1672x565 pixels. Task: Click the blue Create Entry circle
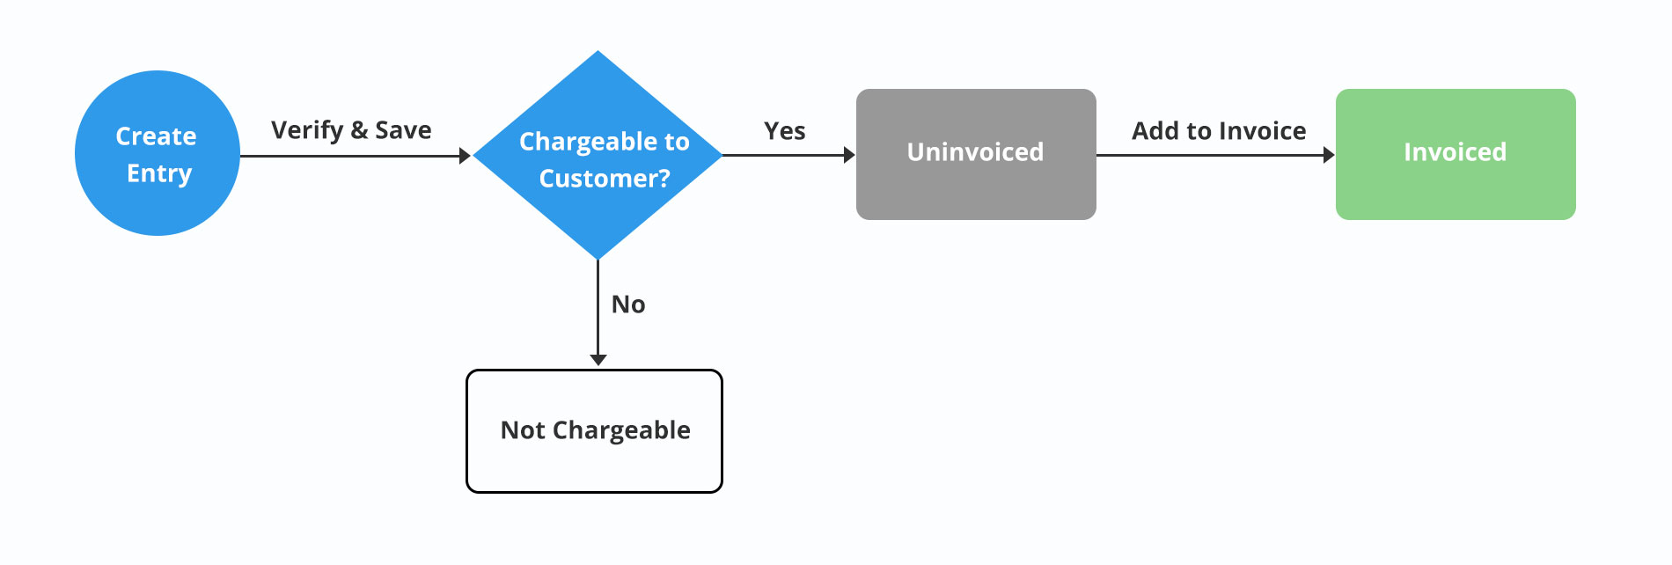pos(158,153)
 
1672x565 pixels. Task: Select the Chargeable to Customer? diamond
pos(598,155)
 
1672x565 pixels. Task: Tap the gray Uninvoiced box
pos(976,154)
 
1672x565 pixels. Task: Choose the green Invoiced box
pos(1456,154)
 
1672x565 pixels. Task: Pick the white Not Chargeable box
pos(595,431)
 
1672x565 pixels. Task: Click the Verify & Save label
pos(351,131)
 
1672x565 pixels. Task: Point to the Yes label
pos(785,131)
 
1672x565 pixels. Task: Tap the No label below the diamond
pos(628,305)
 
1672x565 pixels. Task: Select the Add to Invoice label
pos(1219,131)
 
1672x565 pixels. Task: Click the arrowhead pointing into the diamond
pos(466,156)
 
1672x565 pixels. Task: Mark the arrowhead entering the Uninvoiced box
pos(849,156)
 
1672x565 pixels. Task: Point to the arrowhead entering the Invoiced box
pos(1329,156)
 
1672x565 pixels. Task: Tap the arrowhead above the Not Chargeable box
pos(598,360)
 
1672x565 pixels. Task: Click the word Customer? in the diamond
pos(605,179)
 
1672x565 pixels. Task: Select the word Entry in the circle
pos(159,174)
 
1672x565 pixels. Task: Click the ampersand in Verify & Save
pos(359,131)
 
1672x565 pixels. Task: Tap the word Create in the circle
pos(157,136)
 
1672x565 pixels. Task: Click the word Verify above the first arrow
pos(307,131)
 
